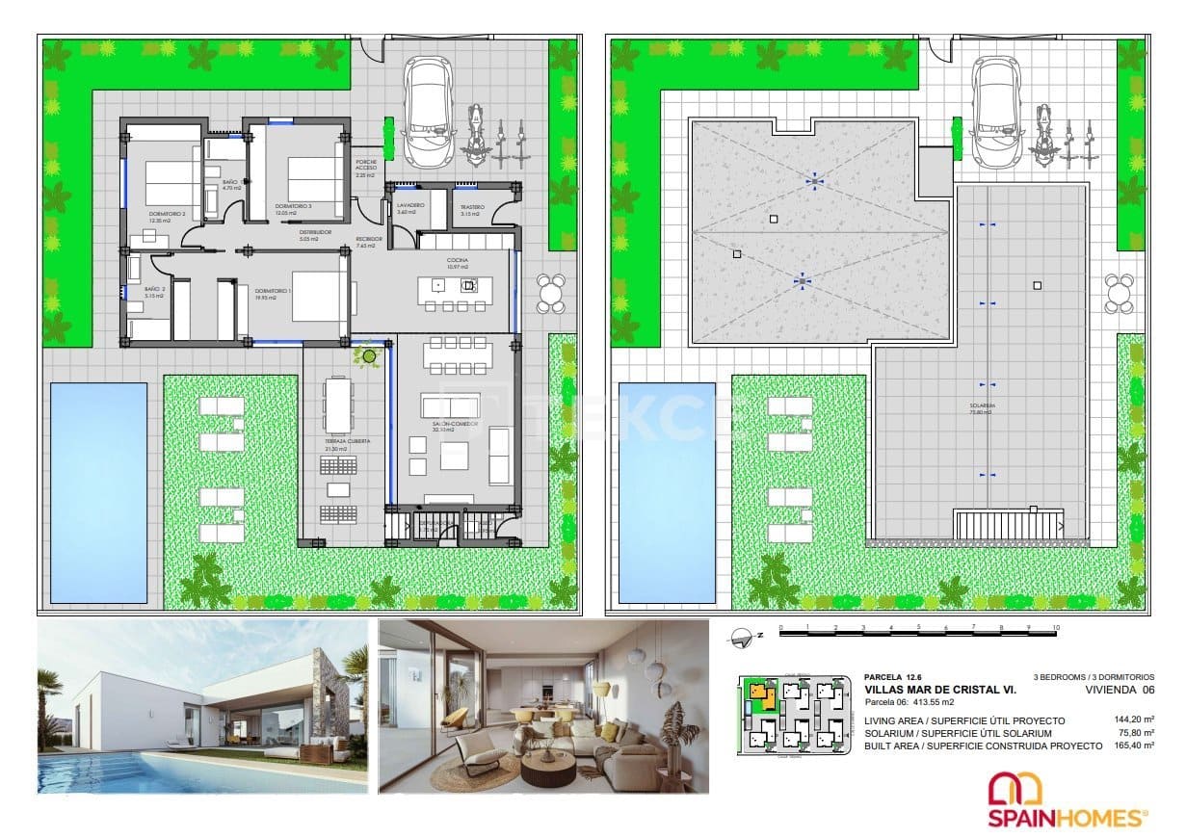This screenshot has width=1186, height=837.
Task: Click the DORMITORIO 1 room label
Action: [x=261, y=293]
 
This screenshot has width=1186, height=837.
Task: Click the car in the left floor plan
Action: [x=428, y=113]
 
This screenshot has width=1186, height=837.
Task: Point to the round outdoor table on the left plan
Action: [x=550, y=293]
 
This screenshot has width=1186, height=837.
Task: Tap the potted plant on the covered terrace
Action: [x=366, y=355]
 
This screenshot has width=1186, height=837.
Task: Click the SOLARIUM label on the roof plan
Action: [x=980, y=407]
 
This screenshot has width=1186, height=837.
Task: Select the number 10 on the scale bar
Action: [x=1056, y=628]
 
